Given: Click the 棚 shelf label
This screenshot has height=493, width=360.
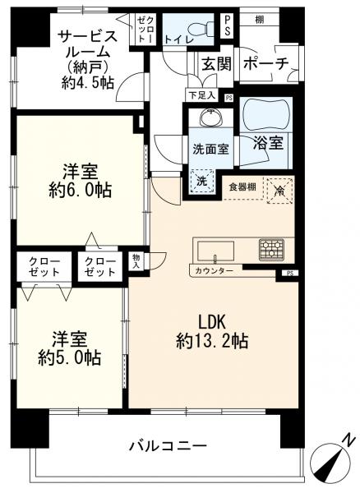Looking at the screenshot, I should [259, 19].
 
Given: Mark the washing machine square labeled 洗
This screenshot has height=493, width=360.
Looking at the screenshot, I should [201, 181].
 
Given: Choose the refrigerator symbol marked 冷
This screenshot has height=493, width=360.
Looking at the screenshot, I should [279, 188].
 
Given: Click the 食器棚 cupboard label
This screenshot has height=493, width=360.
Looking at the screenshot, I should [242, 186].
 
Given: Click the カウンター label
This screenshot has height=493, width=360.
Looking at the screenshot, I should [215, 271].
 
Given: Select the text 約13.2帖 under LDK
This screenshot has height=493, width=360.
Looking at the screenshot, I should [210, 340].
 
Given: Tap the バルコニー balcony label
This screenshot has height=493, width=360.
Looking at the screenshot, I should [167, 447].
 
